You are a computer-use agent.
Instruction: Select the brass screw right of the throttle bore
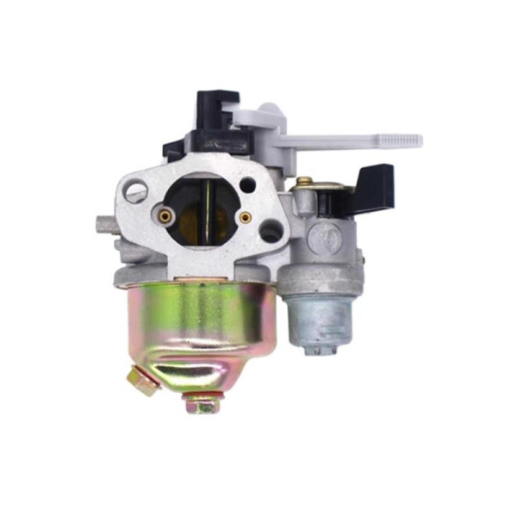[x=246, y=217]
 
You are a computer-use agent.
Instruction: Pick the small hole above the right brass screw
[x=248, y=184]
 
